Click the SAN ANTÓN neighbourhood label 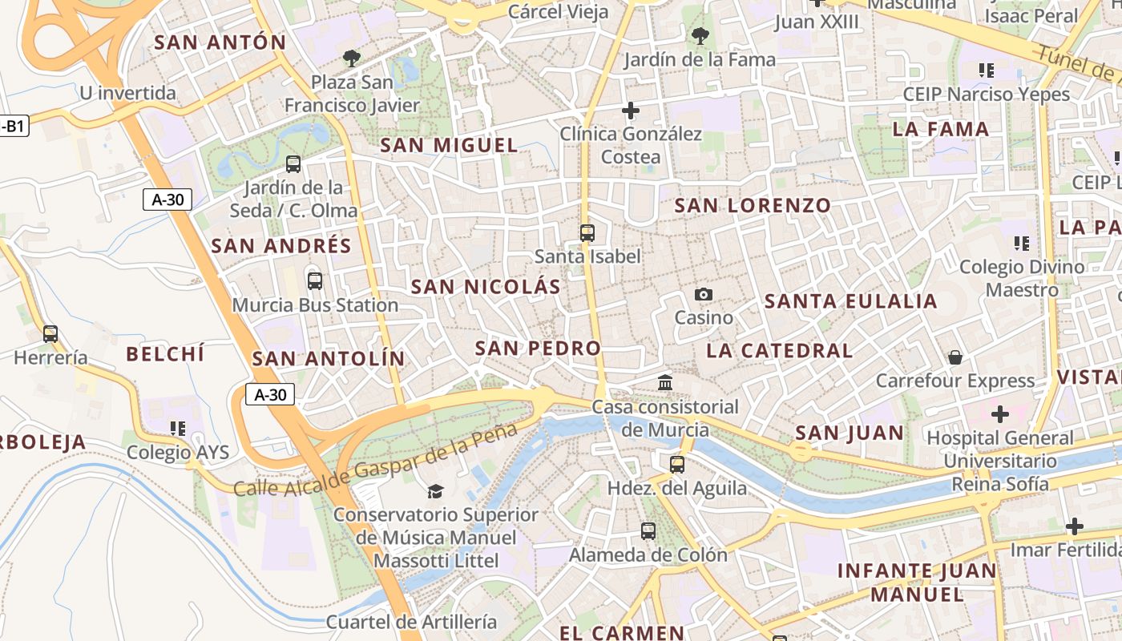pyautogui.click(x=220, y=42)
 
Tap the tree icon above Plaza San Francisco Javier pyautogui.click(x=351, y=58)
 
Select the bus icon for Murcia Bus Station pyautogui.click(x=315, y=281)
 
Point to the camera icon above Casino pyautogui.click(x=704, y=294)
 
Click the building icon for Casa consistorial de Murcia pyautogui.click(x=665, y=383)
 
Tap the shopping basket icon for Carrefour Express pyautogui.click(x=955, y=357)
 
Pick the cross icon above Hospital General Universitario pyautogui.click(x=999, y=414)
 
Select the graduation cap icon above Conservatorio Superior pyautogui.click(x=435, y=490)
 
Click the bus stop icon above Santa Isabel pyautogui.click(x=587, y=233)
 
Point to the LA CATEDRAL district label pyautogui.click(x=779, y=351)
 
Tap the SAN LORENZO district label pyautogui.click(x=753, y=206)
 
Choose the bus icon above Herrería pyautogui.click(x=50, y=333)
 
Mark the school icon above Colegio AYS pyautogui.click(x=178, y=429)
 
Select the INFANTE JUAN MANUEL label pyautogui.click(x=917, y=583)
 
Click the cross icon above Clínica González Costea pyautogui.click(x=631, y=110)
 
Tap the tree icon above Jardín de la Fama pyautogui.click(x=700, y=35)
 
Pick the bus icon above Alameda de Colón pyautogui.click(x=648, y=530)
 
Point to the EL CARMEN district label pyautogui.click(x=622, y=633)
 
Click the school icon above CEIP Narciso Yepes pyautogui.click(x=987, y=71)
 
